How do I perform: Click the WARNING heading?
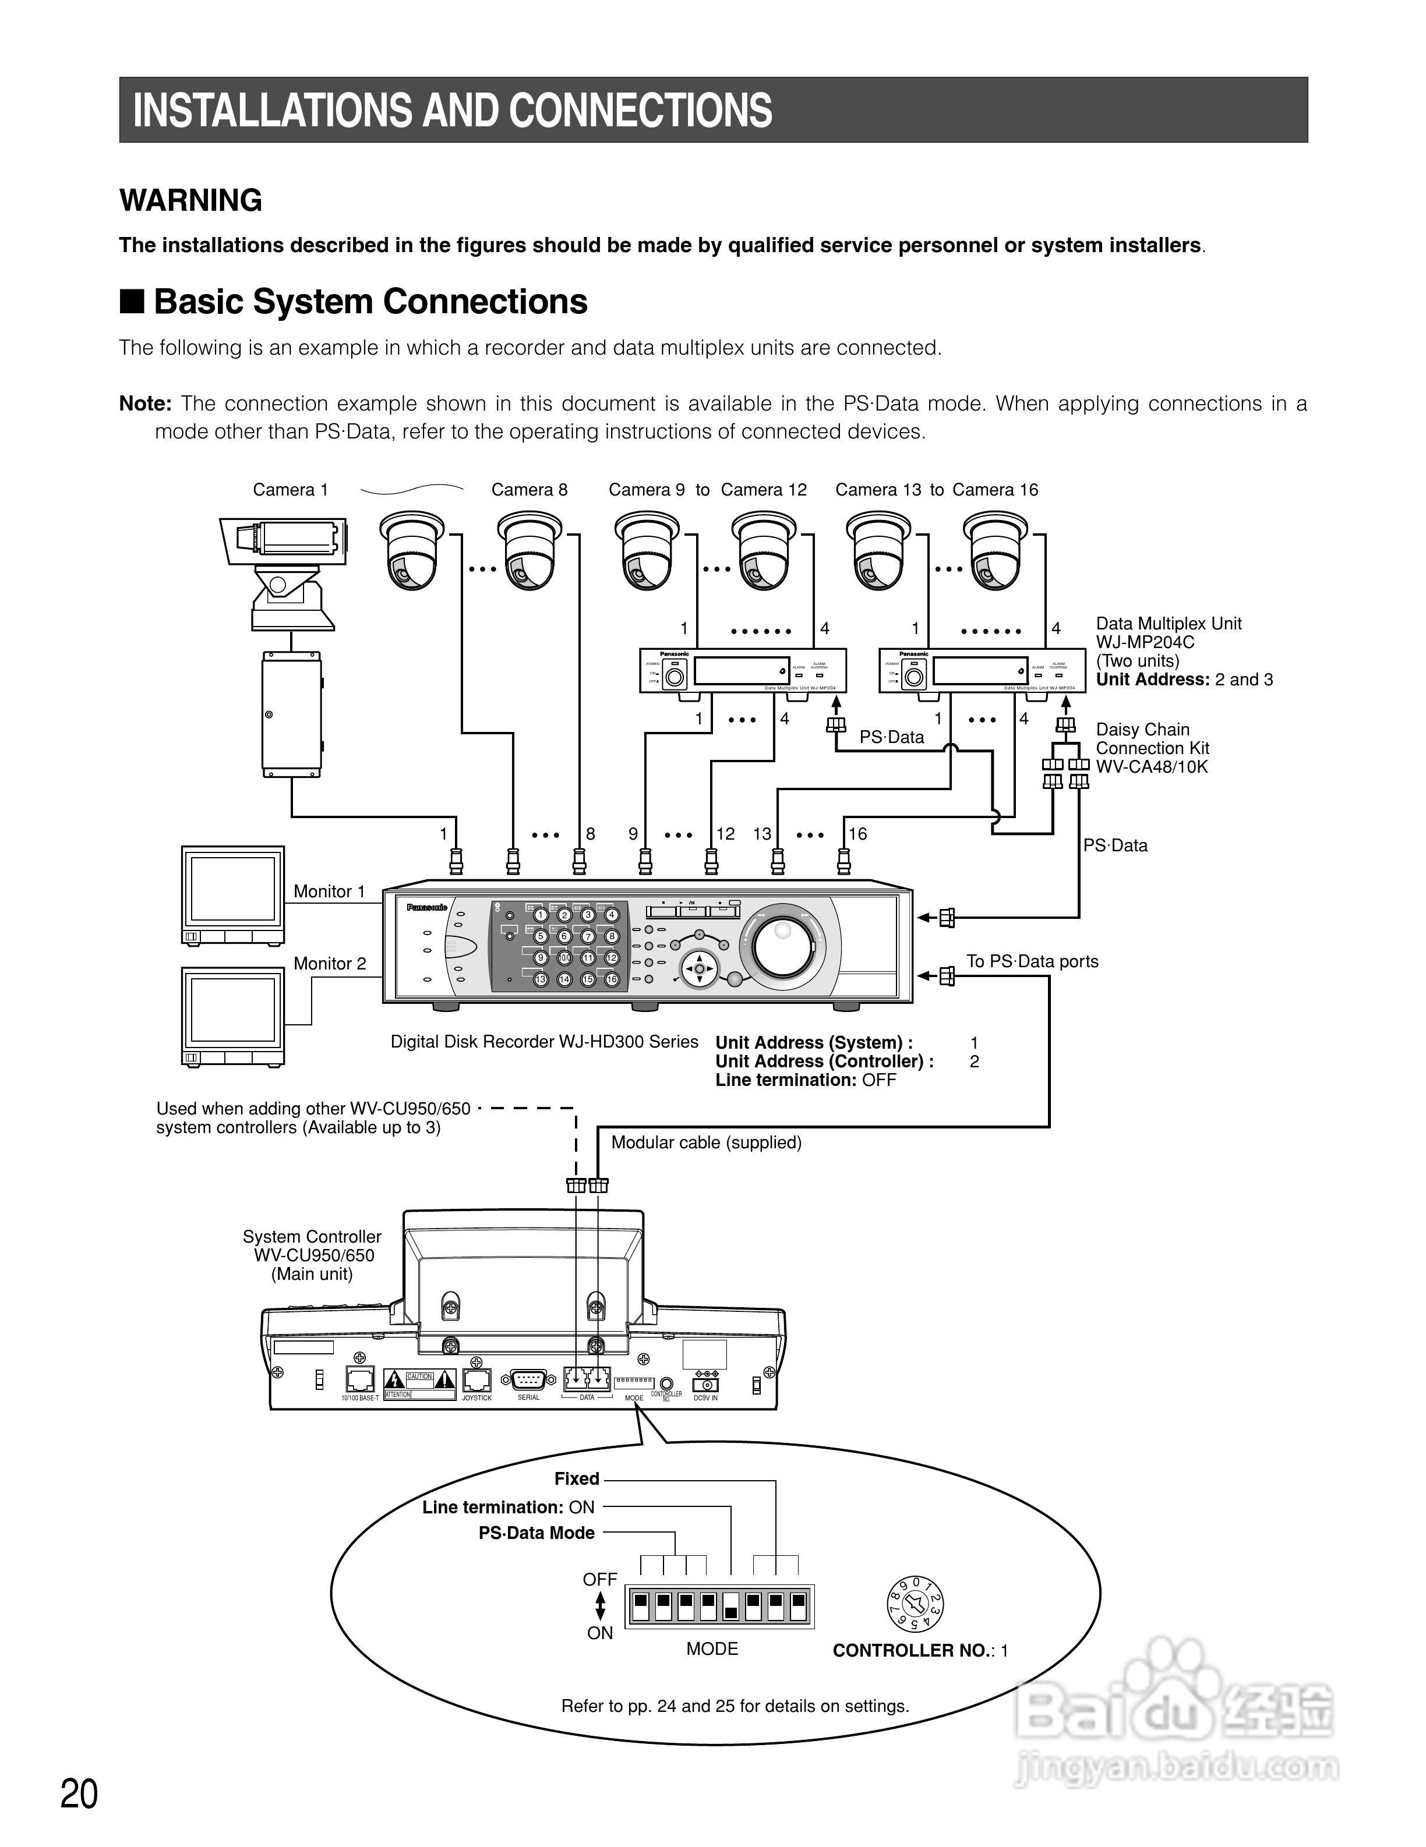[x=190, y=200]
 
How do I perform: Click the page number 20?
[x=79, y=1793]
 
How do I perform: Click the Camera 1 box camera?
[x=288, y=542]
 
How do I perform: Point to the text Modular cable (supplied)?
[x=705, y=1142]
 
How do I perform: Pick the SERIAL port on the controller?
[x=528, y=1379]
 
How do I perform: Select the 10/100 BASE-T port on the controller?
[x=361, y=1379]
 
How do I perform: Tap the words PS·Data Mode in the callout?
[x=536, y=1533]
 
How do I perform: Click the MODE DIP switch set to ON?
[x=730, y=1606]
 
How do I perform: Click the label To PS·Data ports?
[x=1032, y=961]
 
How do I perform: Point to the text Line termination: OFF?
[x=805, y=1080]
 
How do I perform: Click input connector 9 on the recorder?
[x=644, y=861]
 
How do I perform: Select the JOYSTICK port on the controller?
[x=477, y=1379]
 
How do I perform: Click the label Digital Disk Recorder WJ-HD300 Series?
[x=544, y=1042]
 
